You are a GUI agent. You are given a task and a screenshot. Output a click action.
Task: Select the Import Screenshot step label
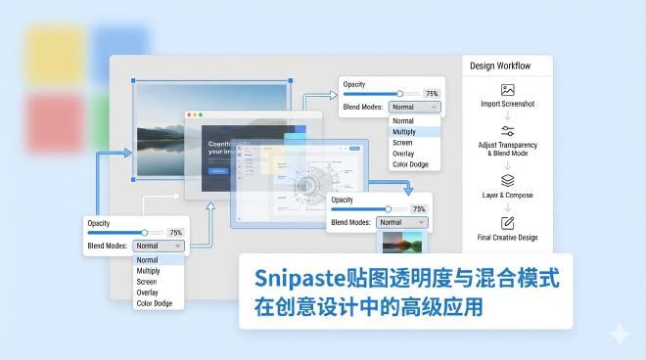coord(507,103)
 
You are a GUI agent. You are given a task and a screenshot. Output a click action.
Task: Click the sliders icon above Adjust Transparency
coord(507,131)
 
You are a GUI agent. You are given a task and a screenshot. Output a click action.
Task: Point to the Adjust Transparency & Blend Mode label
coord(507,150)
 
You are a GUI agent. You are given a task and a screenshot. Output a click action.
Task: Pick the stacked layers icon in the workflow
coord(507,180)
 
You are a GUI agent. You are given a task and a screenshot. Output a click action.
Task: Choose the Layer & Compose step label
coord(507,196)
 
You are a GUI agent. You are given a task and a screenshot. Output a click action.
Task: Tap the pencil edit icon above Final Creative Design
coord(507,222)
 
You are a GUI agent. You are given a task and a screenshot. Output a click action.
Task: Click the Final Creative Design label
coord(507,238)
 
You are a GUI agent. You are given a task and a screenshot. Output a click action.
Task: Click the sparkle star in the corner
coord(619,334)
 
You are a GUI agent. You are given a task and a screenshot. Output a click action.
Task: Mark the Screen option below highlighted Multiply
coord(402,143)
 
